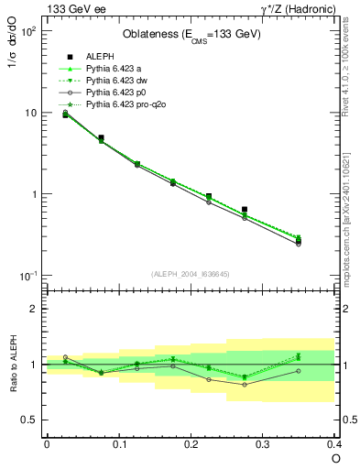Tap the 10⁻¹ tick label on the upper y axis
pyautogui.click(x=28, y=277)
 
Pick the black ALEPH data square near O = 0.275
pyautogui.click(x=244, y=210)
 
